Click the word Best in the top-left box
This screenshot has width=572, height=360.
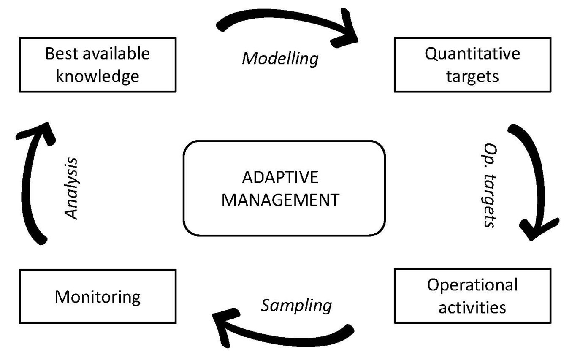pos(61,54)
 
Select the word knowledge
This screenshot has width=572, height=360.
pos(98,76)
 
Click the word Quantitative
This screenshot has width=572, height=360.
pos(472,54)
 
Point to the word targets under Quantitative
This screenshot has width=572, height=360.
pos(472,76)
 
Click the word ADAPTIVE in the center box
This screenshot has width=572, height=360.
pos(280,177)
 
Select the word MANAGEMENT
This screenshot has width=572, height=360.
pos(280,200)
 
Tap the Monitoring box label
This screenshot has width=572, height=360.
pos(98,297)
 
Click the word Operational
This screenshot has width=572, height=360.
pos(472,285)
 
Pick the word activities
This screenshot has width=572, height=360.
pos(472,307)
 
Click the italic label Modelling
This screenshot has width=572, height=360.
pos(280,59)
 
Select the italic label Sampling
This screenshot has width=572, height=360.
pos(296,306)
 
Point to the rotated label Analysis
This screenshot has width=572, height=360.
pos(71,188)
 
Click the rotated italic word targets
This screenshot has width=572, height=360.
pos(489,200)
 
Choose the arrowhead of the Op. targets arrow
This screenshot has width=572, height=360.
pos(537,228)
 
